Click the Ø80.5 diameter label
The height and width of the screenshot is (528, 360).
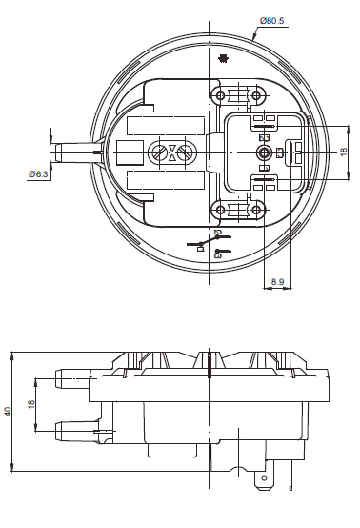click(x=271, y=21)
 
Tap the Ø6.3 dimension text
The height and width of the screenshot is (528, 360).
click(x=38, y=174)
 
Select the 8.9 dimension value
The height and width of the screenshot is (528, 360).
click(x=277, y=281)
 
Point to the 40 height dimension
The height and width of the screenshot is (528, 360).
click(x=8, y=411)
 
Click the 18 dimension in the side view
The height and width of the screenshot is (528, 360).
click(x=31, y=404)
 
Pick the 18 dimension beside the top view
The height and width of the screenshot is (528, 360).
click(x=344, y=152)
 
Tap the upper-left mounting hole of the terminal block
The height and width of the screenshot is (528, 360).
click(x=220, y=96)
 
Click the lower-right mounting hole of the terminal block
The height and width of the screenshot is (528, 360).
click(x=256, y=210)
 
